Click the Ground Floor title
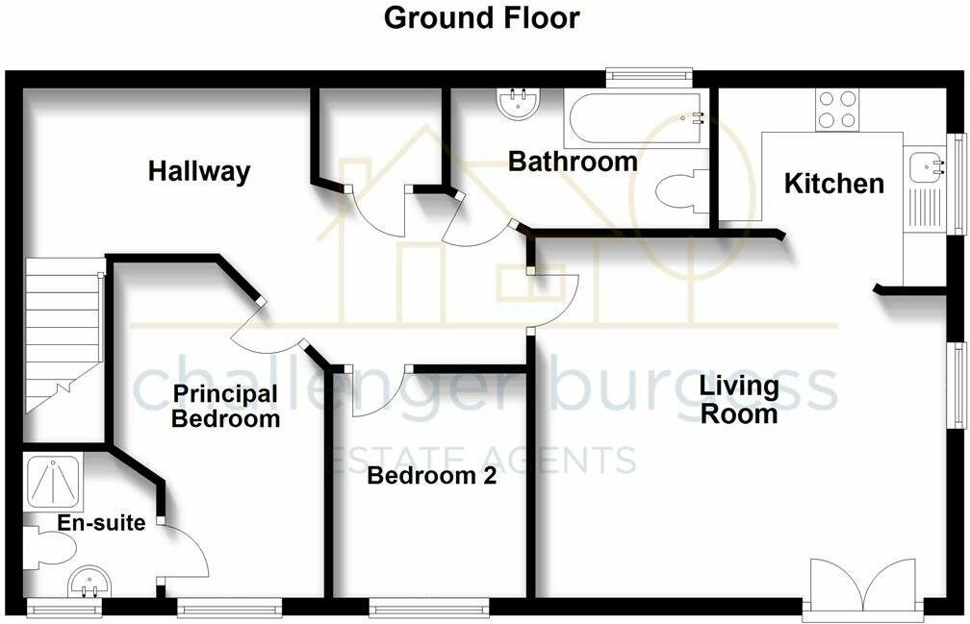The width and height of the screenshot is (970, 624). pyautogui.click(x=481, y=18)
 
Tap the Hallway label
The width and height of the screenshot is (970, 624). pyautogui.click(x=199, y=171)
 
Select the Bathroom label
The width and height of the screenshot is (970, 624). pyautogui.click(x=573, y=162)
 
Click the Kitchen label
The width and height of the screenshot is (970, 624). pyautogui.click(x=834, y=184)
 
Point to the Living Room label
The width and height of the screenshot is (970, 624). pyautogui.click(x=739, y=400)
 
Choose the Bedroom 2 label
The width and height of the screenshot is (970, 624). pyautogui.click(x=432, y=476)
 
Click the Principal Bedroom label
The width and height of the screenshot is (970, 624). pyautogui.click(x=226, y=406)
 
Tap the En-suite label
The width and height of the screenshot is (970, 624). pyautogui.click(x=101, y=523)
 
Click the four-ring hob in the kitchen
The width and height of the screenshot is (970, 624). pyautogui.click(x=837, y=110)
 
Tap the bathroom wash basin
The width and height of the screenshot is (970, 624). pyautogui.click(x=520, y=103)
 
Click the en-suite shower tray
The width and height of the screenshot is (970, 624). pyautogui.click(x=54, y=483)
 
